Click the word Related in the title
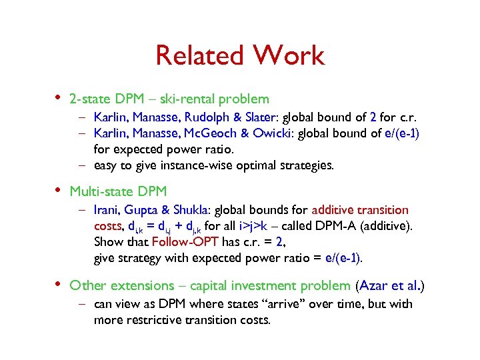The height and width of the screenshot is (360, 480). point(196,56)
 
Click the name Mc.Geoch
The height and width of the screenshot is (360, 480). point(213,133)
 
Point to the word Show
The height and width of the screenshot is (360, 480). point(108,241)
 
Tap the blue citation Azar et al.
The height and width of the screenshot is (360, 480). point(389,285)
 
